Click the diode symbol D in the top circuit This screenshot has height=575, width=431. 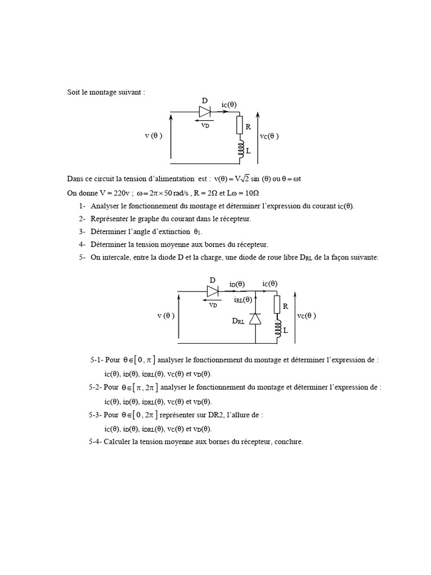pos(205,112)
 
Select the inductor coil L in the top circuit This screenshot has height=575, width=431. pos(240,149)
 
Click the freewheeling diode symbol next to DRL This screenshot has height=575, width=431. pos(255,318)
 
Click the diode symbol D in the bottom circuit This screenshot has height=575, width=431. pos(213,291)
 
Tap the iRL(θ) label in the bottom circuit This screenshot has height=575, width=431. pos(243,300)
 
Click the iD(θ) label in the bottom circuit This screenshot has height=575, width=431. pos(237,284)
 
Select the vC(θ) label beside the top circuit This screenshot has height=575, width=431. pos(269,136)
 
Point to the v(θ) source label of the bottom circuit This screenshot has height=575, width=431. pos(166,316)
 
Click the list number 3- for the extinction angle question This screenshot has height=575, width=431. pos(82,231)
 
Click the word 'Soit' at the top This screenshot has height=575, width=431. pos(73,92)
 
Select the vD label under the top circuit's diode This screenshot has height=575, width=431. pos(205,125)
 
